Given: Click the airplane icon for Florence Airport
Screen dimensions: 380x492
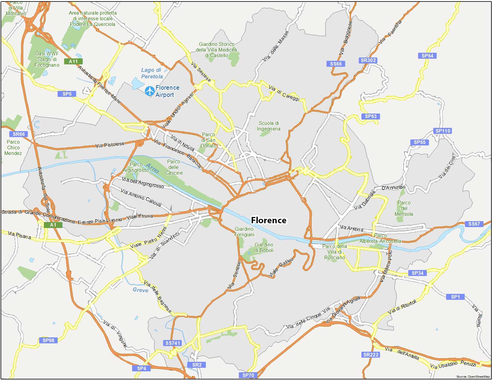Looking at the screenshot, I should click(149, 91).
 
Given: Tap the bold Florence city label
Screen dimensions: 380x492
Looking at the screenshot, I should click(269, 220).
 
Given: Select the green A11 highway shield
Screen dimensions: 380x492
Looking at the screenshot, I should click(73, 61).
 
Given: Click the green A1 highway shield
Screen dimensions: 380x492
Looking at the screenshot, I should click(53, 225).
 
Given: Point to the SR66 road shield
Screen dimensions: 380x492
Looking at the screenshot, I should click(18, 134).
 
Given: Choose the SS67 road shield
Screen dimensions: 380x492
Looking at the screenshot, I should click(474, 224).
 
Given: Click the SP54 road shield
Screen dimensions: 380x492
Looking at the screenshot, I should click(427, 56).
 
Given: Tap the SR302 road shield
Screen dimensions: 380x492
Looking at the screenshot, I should click(368, 60).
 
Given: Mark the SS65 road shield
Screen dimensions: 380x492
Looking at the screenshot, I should click(336, 64).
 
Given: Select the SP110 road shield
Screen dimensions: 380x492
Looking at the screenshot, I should click(443, 131).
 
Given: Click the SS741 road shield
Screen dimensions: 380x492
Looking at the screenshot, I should click(173, 343).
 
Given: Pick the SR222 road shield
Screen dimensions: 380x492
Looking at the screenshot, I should click(371, 355).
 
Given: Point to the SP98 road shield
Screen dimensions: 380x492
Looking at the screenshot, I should click(48, 340).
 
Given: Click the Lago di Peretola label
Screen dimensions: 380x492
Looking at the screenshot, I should click(152, 73).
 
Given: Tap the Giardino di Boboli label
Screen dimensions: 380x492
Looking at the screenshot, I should click(264, 248).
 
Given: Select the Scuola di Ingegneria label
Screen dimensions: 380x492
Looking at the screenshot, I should click(269, 126).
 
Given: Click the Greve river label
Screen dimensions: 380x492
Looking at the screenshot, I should click(140, 290).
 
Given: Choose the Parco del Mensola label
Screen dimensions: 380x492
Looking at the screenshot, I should click(404, 208).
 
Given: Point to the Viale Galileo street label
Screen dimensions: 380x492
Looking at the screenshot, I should click(281, 268).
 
